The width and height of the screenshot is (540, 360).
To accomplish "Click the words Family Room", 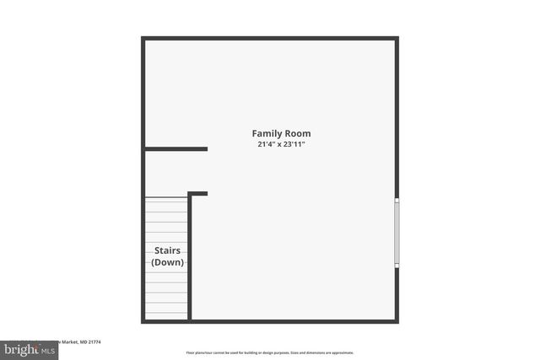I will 281,133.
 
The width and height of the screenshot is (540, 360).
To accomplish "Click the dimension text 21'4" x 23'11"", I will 281,144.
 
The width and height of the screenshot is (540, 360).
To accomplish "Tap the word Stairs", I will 167,250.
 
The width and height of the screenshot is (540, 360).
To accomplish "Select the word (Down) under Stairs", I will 167,262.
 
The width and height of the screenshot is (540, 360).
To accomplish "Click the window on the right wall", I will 397,233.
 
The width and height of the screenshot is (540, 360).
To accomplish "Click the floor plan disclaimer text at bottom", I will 270,352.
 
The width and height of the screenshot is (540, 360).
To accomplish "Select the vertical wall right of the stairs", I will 190,257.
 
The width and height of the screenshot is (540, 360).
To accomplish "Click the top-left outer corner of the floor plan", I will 143,38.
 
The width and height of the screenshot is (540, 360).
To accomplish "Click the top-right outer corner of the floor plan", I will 397,38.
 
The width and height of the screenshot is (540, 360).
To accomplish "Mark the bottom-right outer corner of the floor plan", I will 397,321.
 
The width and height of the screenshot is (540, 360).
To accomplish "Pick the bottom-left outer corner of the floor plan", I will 143,321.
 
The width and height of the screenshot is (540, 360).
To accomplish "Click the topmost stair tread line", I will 166,199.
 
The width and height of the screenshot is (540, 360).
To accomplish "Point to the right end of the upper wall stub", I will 206,149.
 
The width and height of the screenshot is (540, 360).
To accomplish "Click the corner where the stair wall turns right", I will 190,195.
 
